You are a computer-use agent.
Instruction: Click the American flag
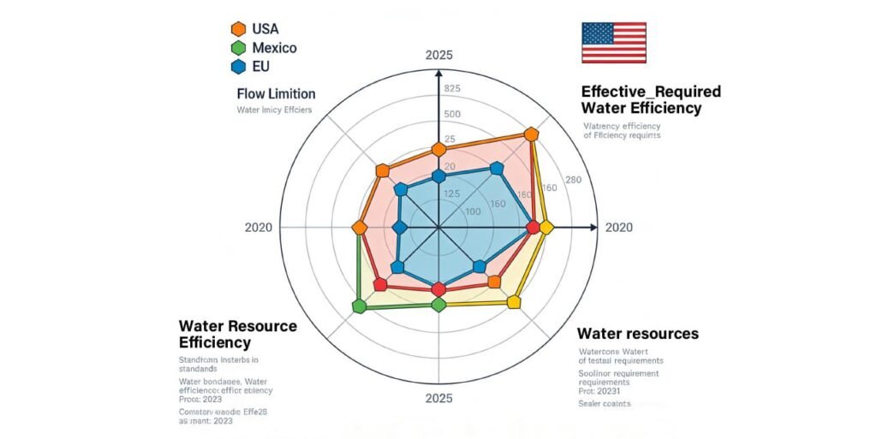click(613, 42)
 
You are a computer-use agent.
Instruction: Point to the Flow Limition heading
click(276, 94)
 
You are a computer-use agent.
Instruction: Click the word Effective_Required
click(650, 92)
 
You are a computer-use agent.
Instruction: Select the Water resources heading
click(637, 333)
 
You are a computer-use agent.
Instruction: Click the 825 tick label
click(452, 89)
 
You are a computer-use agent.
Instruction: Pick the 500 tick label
click(452, 115)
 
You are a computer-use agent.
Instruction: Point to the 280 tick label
click(574, 180)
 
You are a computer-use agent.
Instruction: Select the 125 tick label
click(452, 193)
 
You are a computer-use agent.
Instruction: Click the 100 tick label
click(472, 211)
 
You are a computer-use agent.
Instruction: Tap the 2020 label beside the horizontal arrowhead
click(619, 228)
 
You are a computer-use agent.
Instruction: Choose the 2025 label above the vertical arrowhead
click(438, 56)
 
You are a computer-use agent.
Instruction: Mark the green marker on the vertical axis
click(438, 305)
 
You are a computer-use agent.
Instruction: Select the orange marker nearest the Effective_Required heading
click(531, 134)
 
